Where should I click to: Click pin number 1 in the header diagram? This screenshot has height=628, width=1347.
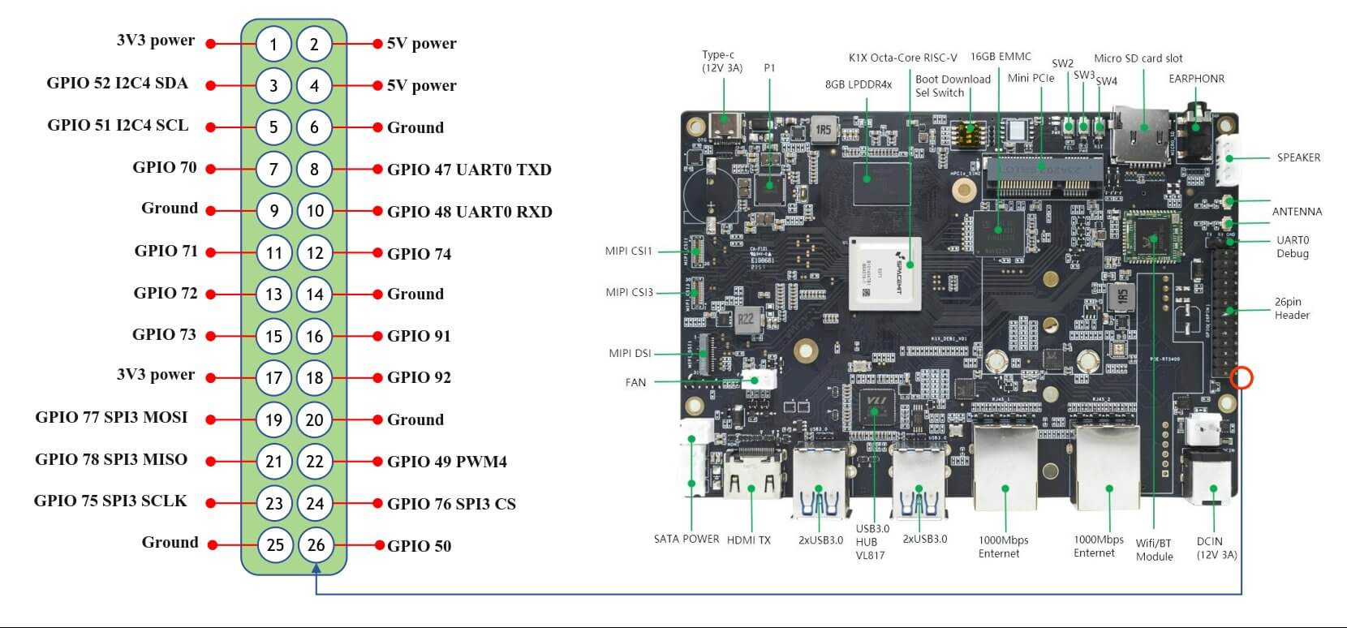[x=273, y=44]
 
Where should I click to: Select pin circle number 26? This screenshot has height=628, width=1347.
[x=316, y=545]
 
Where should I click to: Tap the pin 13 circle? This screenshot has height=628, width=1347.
[x=273, y=294]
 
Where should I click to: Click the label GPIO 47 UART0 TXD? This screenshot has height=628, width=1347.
[x=469, y=170]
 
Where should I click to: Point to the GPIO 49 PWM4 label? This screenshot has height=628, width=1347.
[x=446, y=462]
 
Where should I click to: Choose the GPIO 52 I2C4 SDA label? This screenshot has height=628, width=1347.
[x=117, y=84]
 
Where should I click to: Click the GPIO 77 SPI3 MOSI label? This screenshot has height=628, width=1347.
[x=111, y=418]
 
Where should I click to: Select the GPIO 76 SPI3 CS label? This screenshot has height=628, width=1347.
[x=451, y=504]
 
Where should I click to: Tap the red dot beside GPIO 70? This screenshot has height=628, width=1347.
[x=211, y=169]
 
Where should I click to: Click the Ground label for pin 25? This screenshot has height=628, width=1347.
[x=170, y=543]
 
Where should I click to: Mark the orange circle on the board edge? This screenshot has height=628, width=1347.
[x=1242, y=377]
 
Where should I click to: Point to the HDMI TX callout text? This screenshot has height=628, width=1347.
[x=748, y=540]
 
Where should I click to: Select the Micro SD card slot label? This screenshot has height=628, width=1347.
[x=1138, y=58]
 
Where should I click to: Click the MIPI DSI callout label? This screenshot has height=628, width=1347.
[x=630, y=353]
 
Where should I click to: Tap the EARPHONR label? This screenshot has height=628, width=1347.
[x=1196, y=79]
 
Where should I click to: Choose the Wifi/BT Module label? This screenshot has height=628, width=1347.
[x=1154, y=549]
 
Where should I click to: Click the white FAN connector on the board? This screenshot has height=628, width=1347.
[x=760, y=381]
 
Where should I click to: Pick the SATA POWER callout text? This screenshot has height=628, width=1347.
[x=686, y=539]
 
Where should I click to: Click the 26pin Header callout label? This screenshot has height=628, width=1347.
[x=1292, y=308]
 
